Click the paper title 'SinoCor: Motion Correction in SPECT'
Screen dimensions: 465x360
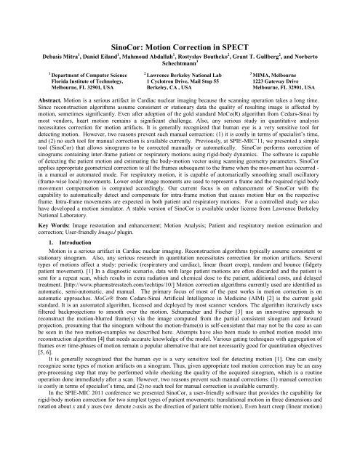180,25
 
